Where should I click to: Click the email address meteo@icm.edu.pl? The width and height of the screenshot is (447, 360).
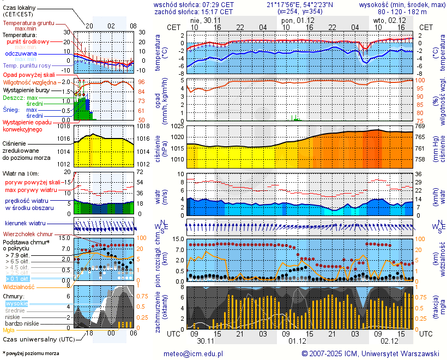(194, 353)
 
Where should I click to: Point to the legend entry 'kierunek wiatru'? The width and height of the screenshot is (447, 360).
(25, 224)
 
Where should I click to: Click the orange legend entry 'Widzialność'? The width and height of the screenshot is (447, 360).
(19, 286)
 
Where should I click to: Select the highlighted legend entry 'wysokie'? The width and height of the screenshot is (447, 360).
(16, 303)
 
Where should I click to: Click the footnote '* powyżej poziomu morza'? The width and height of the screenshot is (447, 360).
(31, 353)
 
